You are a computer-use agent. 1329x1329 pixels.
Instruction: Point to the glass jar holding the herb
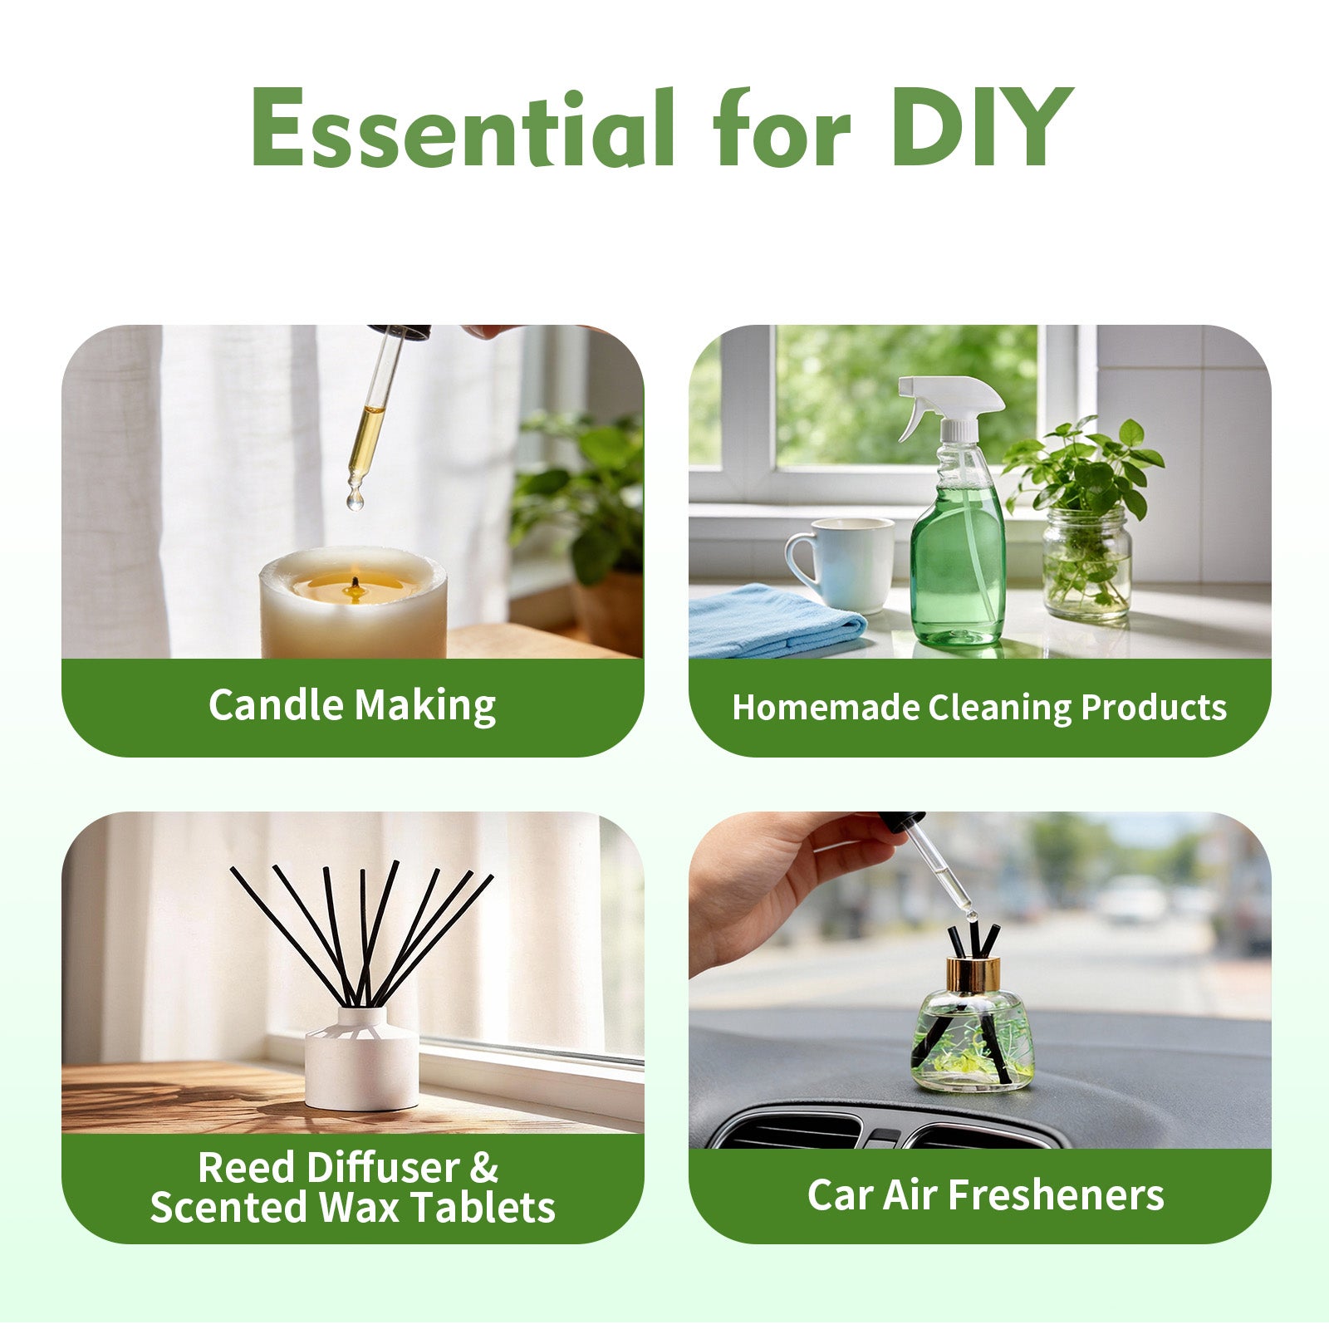click(x=1086, y=565)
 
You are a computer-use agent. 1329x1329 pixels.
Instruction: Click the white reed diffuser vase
click(x=361, y=1059)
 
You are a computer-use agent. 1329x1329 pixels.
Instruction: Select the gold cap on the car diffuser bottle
click(x=973, y=974)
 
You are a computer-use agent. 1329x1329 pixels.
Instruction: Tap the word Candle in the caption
click(x=275, y=705)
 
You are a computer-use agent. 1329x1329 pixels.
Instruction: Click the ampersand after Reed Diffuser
click(x=483, y=1167)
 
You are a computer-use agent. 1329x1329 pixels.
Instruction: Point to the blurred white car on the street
click(x=1133, y=898)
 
